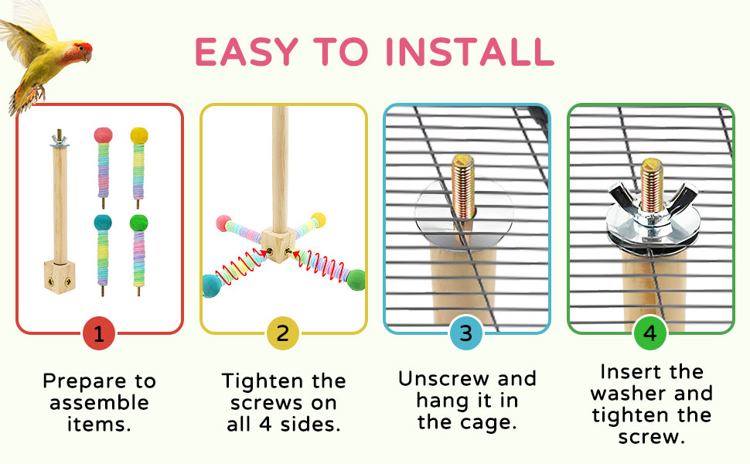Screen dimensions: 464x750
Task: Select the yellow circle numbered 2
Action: pyautogui.click(x=282, y=334)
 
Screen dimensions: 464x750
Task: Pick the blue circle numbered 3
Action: pyautogui.click(x=465, y=334)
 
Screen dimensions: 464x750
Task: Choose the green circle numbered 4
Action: pyautogui.click(x=649, y=334)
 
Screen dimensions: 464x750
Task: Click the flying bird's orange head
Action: pyautogui.click(x=81, y=50)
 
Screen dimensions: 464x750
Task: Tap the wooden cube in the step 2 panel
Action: pyautogui.click(x=274, y=241)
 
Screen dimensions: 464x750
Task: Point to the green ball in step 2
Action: pyautogui.click(x=356, y=279)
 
